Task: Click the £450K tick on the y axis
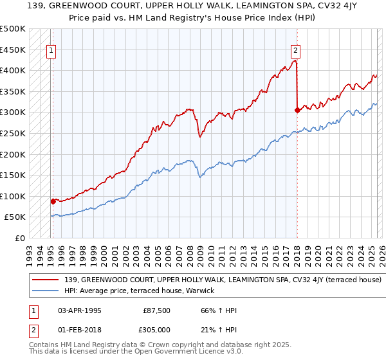point(13,50)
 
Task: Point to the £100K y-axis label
point(13,196)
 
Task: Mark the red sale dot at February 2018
point(297,110)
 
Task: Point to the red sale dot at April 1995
point(53,201)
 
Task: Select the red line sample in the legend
point(46,280)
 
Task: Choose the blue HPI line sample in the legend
point(46,291)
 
